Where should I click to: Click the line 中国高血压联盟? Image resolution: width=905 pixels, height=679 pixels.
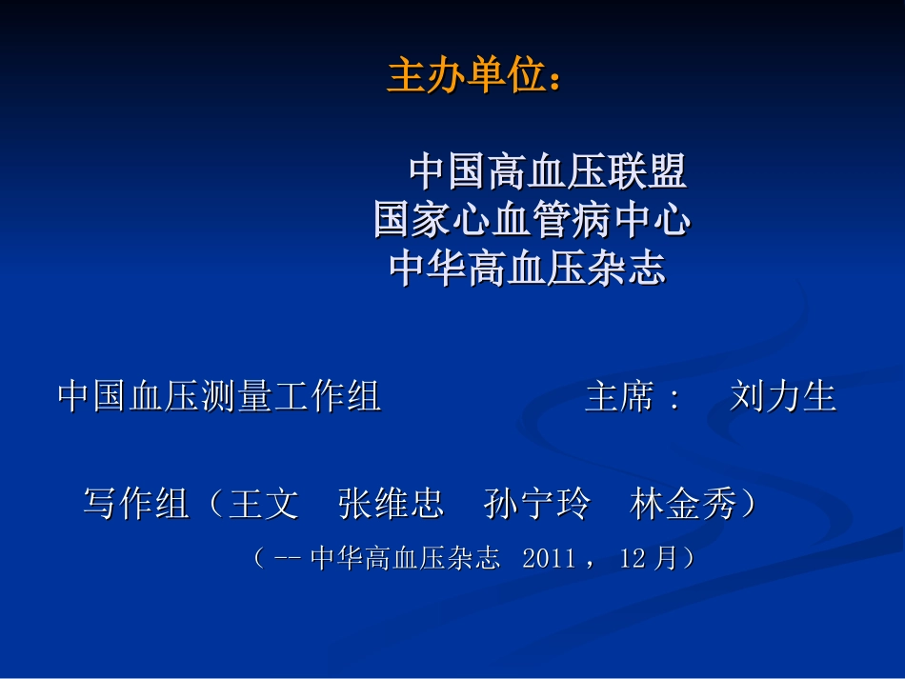[548, 172]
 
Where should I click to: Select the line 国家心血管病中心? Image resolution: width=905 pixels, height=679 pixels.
[532, 222]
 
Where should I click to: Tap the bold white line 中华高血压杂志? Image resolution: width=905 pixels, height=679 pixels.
[527, 270]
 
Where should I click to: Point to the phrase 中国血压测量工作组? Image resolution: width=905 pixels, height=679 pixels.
[219, 396]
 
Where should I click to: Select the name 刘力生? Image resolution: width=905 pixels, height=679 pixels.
[783, 396]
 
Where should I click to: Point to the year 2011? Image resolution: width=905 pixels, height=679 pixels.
[550, 558]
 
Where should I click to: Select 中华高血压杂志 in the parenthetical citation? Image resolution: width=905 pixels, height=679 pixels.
[405, 558]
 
